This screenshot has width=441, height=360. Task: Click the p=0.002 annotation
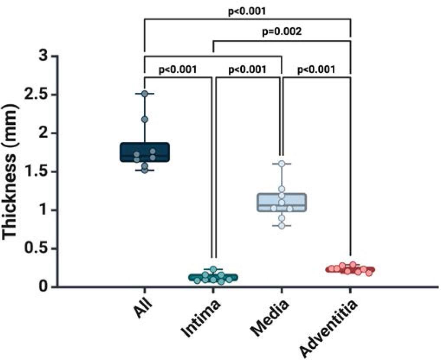(281, 32)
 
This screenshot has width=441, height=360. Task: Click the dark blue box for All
(144, 152)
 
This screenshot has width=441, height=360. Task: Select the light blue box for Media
(282, 202)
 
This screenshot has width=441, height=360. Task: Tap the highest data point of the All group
(145, 94)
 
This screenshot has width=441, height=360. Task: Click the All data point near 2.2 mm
(145, 119)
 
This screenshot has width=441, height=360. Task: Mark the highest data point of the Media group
(282, 164)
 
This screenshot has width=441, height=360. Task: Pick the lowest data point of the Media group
(282, 226)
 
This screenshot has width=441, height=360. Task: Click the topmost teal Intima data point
(213, 269)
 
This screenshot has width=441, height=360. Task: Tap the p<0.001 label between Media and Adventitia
(316, 69)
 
